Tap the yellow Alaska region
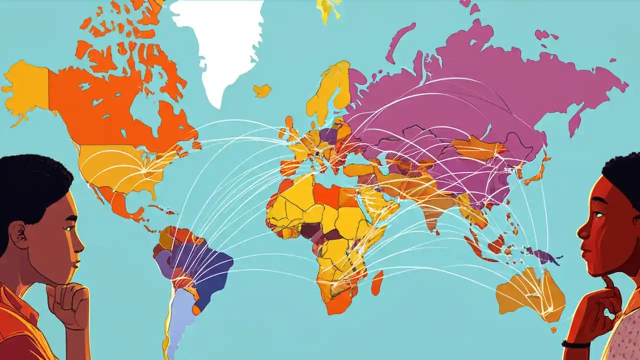click(27, 90)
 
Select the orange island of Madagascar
click(377, 282)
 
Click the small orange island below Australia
click(553, 330)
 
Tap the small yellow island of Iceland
click(262, 90)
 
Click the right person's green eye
click(597, 214)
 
